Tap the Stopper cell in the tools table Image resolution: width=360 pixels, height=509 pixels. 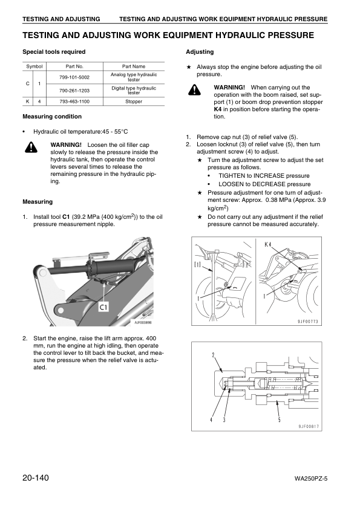pos(134,102)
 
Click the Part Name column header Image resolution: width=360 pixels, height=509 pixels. pos(134,66)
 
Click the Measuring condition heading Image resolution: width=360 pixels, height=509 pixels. pos(51,116)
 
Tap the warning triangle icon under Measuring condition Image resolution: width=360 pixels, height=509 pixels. pos(31,148)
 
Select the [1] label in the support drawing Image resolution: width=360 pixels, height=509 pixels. pos(197,264)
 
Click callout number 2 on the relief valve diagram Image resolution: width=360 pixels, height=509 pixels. pos(212,354)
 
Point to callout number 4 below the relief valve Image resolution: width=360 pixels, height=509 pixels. pos(211,419)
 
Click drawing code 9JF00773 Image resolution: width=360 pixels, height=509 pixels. pos(307,322)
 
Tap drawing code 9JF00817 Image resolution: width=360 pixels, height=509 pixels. pos(308,427)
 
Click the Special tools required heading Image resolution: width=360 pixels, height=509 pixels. pos(54,52)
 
